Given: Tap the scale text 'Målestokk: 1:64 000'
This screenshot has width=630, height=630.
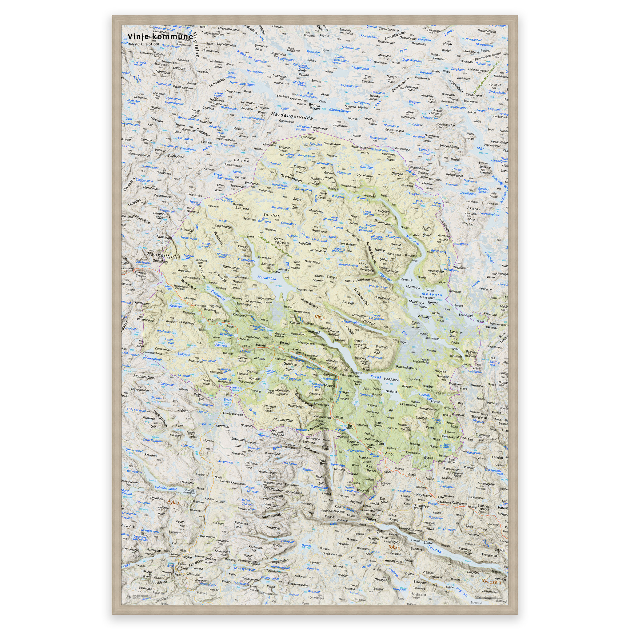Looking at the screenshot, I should [143, 44].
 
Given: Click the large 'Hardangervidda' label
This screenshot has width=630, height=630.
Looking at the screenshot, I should [292, 116].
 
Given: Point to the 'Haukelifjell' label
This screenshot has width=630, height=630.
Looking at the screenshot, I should [163, 255].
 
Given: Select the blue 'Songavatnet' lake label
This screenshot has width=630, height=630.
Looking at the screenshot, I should [267, 278].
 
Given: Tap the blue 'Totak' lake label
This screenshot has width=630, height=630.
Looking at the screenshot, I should [376, 377].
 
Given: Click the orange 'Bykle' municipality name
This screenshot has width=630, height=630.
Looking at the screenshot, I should [173, 502].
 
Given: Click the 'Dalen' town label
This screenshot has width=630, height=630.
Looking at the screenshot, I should [371, 519].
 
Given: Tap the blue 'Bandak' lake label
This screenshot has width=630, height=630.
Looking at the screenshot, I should [434, 549].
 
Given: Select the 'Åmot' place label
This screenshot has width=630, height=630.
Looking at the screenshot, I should [389, 454].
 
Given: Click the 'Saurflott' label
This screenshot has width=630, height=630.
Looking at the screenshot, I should [272, 216].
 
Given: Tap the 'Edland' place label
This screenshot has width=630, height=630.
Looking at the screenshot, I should [284, 343].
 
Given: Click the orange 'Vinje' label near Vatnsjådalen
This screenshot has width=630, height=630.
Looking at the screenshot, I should [320, 317].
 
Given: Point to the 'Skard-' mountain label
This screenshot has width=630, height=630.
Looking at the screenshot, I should [473, 208].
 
